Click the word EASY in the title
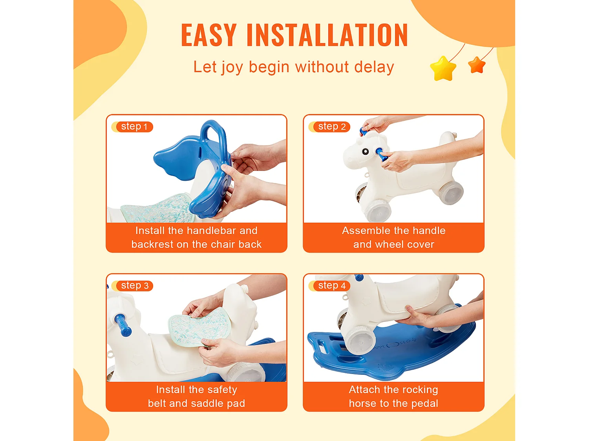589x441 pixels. pos(209,35)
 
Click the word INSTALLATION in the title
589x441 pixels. pos(327,35)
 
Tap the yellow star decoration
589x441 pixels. pos(443,68)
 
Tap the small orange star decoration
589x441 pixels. pos(477,65)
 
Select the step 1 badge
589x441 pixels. pos(132,127)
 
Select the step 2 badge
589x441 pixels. pos(329,127)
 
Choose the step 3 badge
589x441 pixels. pos(132,286)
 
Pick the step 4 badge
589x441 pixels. pos(329,286)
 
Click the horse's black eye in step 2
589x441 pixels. pos(365,152)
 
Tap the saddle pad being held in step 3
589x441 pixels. pos(199,327)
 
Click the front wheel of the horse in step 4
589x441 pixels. pos(359,343)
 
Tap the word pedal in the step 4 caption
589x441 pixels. pos(425,403)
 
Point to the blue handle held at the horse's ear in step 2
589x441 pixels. pos(364,131)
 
